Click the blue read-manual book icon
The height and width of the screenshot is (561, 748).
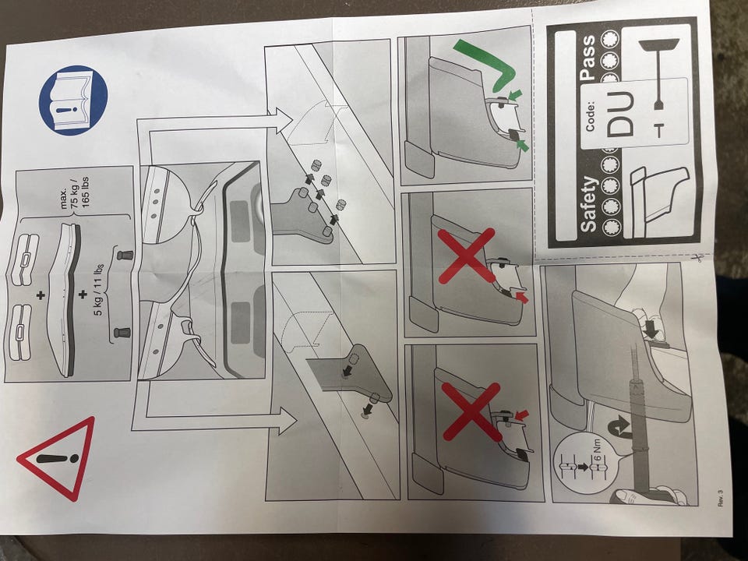(x=72, y=100)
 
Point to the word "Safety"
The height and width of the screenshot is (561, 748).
(x=589, y=204)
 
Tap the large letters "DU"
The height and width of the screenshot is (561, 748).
(x=621, y=115)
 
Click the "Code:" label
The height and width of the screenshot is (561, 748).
(x=590, y=115)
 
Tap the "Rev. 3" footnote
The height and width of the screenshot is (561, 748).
(x=720, y=498)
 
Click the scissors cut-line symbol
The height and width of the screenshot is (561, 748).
(x=697, y=258)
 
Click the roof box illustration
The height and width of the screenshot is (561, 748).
(x=65, y=298)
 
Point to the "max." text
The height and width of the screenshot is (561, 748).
(x=64, y=198)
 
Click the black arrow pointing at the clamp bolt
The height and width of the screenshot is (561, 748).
(x=651, y=328)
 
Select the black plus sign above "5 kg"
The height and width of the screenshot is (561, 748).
(x=83, y=295)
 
